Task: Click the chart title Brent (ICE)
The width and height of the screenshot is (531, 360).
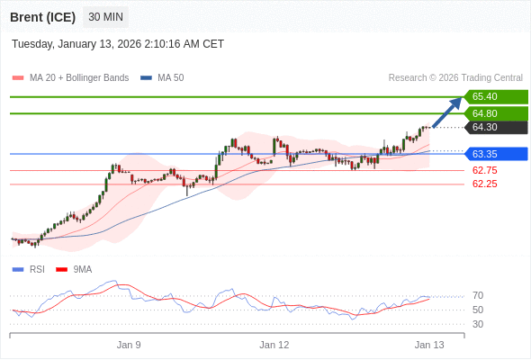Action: [43, 17]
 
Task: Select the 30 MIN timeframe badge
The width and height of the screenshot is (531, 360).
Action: [106, 17]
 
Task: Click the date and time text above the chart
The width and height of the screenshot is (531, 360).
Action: [118, 44]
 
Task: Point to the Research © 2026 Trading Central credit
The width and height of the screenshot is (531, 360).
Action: [455, 78]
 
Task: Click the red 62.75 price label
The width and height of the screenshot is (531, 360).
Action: [484, 170]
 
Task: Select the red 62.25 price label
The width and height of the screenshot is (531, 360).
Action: [484, 184]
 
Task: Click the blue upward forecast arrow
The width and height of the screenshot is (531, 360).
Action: [447, 112]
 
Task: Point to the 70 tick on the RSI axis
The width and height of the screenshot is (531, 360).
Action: [478, 295]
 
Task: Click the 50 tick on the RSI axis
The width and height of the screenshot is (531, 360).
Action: [478, 310]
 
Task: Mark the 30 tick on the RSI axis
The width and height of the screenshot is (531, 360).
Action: [478, 324]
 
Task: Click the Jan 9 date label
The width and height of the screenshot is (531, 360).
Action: [129, 345]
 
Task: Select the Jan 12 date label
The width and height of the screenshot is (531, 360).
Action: [274, 345]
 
